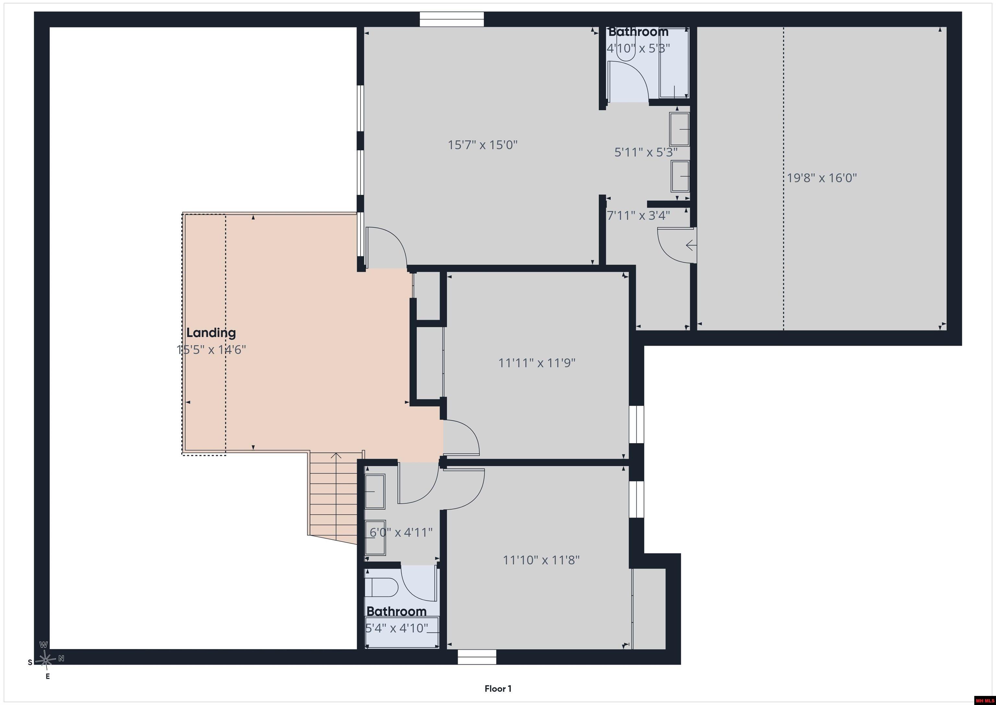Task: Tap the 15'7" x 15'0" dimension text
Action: pyautogui.click(x=483, y=145)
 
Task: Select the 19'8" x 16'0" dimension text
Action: pyautogui.click(x=822, y=178)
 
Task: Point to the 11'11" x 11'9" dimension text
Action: pyautogui.click(x=537, y=363)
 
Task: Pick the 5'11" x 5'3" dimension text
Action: pyautogui.click(x=646, y=152)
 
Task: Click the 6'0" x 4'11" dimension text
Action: pyautogui.click(x=401, y=532)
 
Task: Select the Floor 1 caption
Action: pyautogui.click(x=498, y=688)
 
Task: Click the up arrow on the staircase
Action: pyautogui.click(x=336, y=465)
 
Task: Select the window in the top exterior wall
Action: pyautogui.click(x=452, y=19)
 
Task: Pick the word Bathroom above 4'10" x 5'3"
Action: pyautogui.click(x=638, y=32)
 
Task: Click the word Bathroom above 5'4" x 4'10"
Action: pyautogui.click(x=397, y=612)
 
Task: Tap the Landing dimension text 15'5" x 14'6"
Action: pyautogui.click(x=211, y=350)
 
